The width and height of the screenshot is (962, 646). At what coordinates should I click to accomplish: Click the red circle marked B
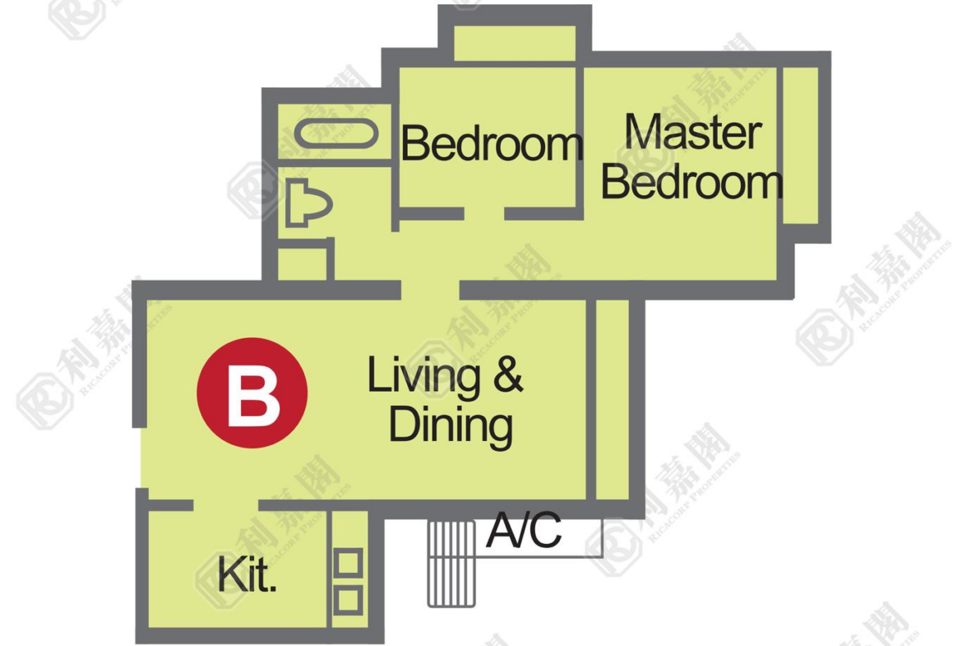(252, 393)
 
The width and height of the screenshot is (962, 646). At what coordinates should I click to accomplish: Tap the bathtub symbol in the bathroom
(336, 134)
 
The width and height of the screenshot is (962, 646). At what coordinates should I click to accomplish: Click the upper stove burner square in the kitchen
(348, 563)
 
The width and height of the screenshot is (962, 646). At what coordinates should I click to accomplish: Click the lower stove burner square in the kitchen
(348, 600)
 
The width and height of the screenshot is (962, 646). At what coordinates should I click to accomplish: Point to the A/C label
(525, 530)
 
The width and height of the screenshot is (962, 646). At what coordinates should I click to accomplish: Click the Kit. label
(247, 574)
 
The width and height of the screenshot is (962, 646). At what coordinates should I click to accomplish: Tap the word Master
(693, 132)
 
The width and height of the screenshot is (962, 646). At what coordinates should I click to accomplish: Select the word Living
(423, 376)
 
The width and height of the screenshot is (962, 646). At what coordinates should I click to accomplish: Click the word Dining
(451, 425)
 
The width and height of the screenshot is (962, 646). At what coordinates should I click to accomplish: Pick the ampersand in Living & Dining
(509, 374)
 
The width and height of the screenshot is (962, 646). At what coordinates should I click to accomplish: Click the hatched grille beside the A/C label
(451, 564)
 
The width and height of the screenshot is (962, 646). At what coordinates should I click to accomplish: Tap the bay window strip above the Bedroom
(515, 43)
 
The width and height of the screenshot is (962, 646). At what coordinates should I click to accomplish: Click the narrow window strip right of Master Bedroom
(801, 146)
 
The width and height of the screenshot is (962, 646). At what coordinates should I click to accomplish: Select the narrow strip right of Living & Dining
(613, 400)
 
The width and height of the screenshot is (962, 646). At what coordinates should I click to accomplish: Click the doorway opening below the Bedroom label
(484, 214)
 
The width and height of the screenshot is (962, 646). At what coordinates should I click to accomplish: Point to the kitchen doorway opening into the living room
(226, 505)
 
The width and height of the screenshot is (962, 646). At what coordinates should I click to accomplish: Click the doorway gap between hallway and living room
(430, 290)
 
